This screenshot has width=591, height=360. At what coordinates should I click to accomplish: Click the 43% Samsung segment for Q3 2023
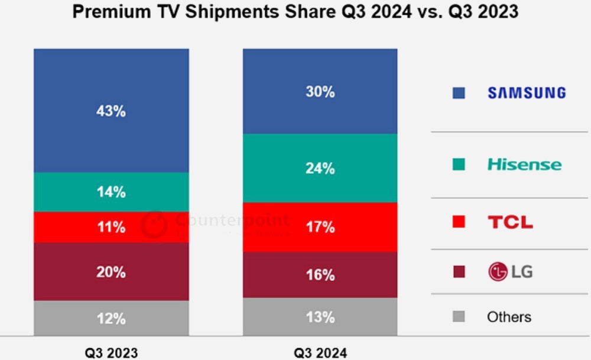point(111,111)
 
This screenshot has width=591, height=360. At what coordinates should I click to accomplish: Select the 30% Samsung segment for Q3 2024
point(320,92)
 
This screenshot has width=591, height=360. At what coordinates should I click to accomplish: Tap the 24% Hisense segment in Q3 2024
point(320,168)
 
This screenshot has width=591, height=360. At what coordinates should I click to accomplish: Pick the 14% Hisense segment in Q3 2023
point(111,192)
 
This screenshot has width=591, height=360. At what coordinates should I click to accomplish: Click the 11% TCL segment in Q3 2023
point(111,227)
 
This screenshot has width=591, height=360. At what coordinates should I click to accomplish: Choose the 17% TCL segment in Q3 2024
point(320,227)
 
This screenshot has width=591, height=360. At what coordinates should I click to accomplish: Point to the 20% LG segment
point(111,272)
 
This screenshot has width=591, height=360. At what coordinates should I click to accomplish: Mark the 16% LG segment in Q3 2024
point(320,275)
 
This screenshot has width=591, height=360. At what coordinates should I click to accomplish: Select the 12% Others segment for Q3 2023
point(111,319)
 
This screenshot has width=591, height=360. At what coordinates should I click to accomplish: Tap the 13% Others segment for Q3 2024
point(320,317)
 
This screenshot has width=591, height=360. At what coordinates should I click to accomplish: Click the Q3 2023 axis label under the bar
point(111,353)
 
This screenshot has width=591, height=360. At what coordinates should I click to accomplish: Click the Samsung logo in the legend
point(527,93)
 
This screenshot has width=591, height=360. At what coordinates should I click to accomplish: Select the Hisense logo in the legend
point(524,164)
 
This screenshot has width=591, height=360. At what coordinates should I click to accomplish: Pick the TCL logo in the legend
point(510,222)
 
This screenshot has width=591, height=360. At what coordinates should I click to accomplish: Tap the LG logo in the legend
point(510,272)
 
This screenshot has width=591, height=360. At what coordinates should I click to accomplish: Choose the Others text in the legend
point(509,317)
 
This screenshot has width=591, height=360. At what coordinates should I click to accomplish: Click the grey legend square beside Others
point(459,317)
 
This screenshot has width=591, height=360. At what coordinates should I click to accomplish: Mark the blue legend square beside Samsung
point(459,93)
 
